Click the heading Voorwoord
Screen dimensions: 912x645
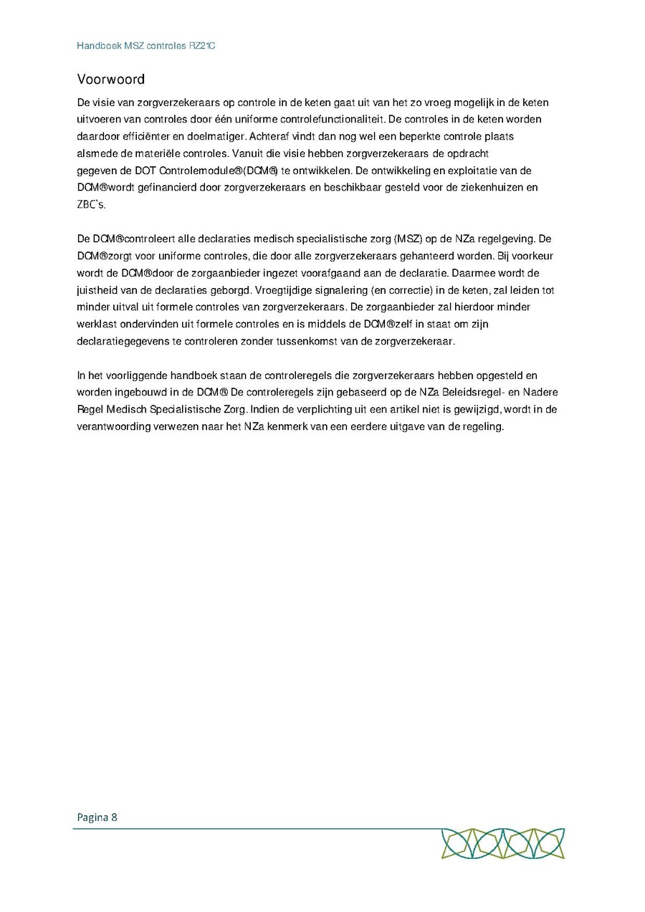tap(110, 79)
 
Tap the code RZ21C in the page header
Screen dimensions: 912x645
tap(201, 46)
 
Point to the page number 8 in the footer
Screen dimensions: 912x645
tap(115, 817)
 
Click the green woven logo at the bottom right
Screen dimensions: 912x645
tap(502, 843)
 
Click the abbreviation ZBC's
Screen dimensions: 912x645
tap(91, 205)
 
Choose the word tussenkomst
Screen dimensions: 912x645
tap(327, 342)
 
